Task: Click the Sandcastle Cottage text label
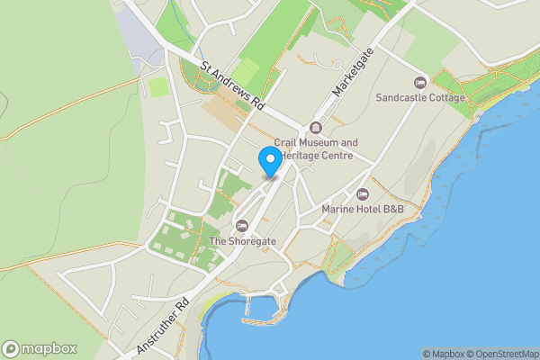point(420,97)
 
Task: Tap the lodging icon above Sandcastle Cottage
point(420,82)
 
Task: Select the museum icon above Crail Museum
point(315,127)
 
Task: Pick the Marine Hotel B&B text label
point(363,210)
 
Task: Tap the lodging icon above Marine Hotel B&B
point(363,194)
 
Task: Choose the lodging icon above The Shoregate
point(240,226)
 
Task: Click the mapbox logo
point(40,348)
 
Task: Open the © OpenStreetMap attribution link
point(501,354)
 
